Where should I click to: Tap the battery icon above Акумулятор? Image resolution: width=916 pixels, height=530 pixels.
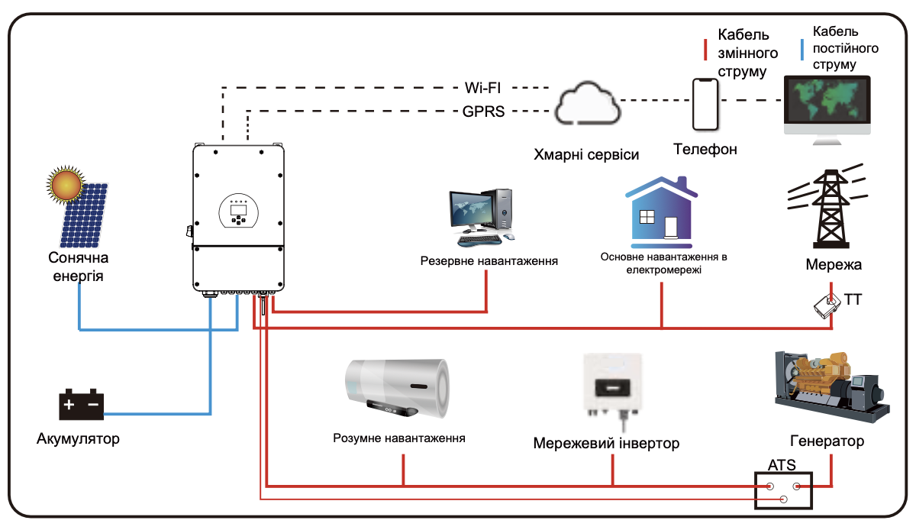(x=81, y=406)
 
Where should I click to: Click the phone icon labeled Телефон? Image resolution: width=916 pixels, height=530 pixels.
(x=705, y=105)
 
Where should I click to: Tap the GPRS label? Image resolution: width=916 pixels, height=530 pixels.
(x=483, y=111)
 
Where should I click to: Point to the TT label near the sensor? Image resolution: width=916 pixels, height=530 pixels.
(x=853, y=299)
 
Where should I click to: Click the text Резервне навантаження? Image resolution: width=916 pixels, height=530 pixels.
(x=489, y=261)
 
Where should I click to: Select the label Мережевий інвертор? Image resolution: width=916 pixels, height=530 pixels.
(x=606, y=444)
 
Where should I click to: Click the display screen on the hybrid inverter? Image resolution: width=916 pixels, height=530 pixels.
(x=238, y=207)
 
